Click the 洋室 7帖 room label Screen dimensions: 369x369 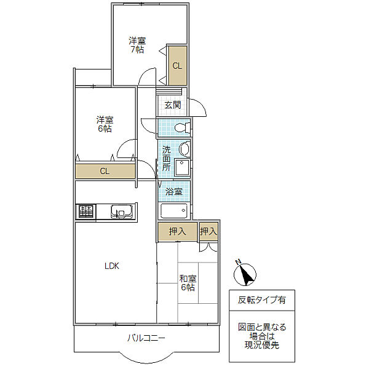click(137, 45)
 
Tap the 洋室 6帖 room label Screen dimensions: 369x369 click(105, 124)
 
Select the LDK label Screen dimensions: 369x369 click(112, 266)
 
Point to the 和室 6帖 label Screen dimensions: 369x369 click(188, 283)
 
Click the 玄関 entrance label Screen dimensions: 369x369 click(173, 105)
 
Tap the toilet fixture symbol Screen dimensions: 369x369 click(183, 128)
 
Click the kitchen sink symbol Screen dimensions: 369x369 click(121, 212)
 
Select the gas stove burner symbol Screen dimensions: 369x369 click(86, 211)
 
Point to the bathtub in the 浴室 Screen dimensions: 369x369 click(174, 211)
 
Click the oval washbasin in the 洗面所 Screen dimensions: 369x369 click(184, 149)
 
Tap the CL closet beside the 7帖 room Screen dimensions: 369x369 click(178, 66)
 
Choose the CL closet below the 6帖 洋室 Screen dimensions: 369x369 click(105, 171)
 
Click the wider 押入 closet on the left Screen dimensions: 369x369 click(178, 232)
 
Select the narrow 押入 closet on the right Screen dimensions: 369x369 click(208, 232)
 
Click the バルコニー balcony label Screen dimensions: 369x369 click(146, 338)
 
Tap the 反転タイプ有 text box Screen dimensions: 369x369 click(262, 300)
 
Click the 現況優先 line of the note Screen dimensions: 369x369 click(262, 345)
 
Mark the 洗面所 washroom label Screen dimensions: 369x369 click(167, 159)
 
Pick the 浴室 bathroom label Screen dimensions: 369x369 click(174, 191)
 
